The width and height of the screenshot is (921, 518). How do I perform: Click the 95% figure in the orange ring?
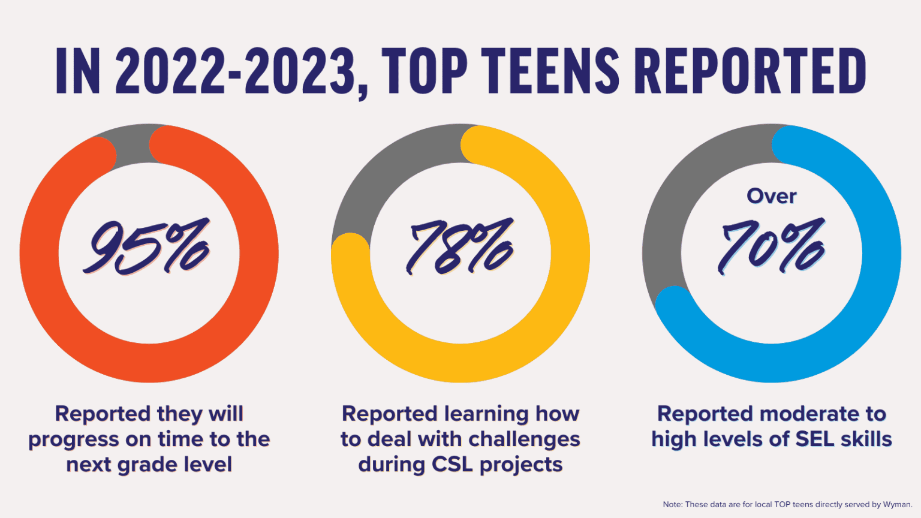click(147, 246)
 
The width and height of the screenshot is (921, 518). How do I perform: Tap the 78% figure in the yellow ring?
click(460, 246)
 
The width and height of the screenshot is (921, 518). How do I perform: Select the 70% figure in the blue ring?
click(772, 246)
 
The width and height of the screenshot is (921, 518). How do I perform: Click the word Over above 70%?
click(772, 196)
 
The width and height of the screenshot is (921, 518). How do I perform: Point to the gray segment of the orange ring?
click(132, 144)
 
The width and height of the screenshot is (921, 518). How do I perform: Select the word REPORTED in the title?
click(750, 72)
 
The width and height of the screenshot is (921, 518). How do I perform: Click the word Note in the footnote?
click(672, 504)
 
